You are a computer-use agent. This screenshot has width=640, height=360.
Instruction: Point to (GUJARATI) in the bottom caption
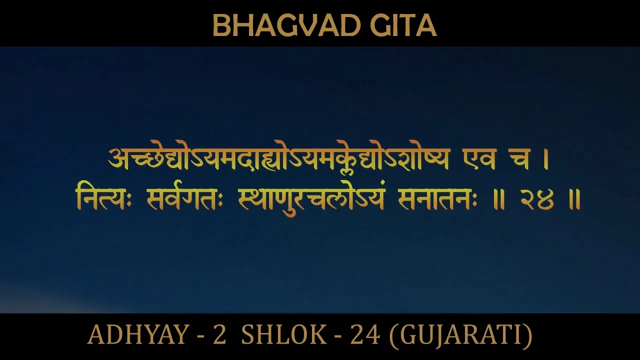460,335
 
